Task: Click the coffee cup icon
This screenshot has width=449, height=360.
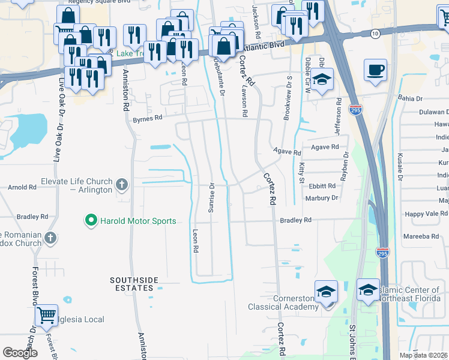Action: tap(375, 70)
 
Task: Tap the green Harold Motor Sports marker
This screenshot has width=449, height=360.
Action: tap(91, 221)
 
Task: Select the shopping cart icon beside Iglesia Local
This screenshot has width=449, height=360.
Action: tap(46, 314)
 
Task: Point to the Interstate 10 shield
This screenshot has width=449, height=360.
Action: tap(375, 34)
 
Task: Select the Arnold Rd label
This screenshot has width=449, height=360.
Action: tap(22, 187)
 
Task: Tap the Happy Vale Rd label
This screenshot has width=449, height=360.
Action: tap(426, 214)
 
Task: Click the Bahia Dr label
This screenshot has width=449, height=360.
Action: tap(410, 98)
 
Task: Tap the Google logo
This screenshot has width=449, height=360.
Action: tap(20, 353)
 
